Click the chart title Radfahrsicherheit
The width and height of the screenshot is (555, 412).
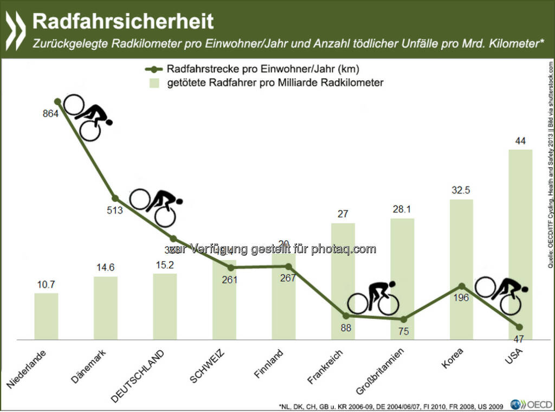(x=123, y=21)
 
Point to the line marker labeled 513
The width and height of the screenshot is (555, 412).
(x=115, y=198)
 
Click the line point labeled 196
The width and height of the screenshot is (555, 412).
(x=461, y=286)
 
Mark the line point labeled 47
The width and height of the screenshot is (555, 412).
(x=519, y=327)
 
